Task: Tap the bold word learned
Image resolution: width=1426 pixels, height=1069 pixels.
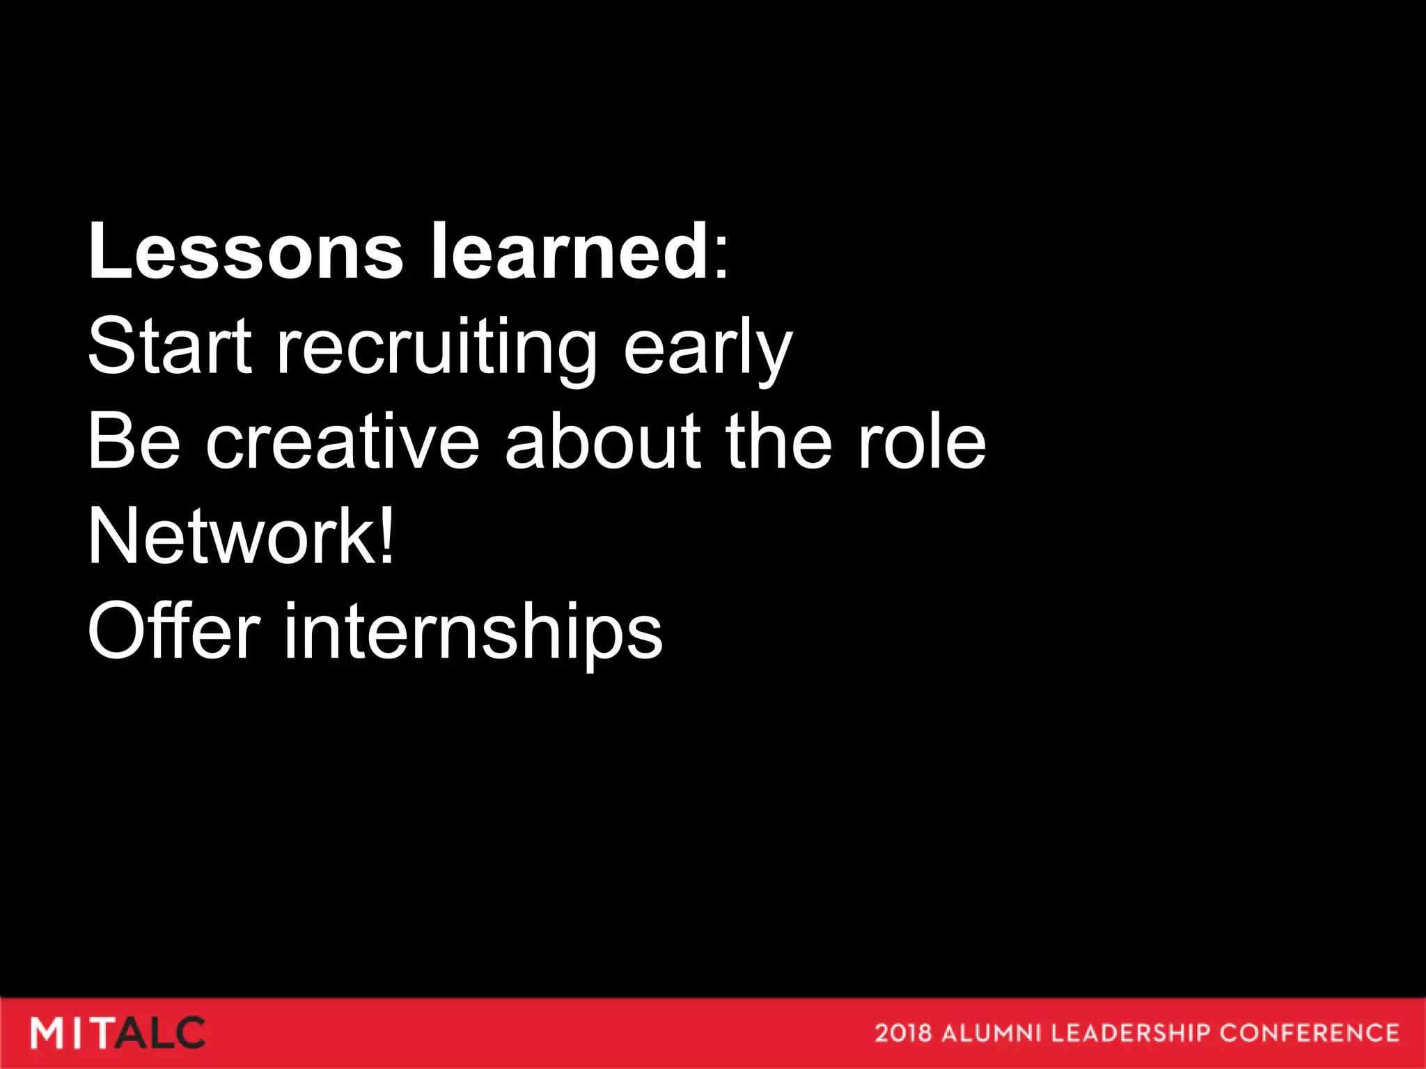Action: point(570,252)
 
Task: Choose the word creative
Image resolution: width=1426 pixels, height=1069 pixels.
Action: point(342,442)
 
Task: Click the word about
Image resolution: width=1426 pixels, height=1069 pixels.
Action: point(602,442)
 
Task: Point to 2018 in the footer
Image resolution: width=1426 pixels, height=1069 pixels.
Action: point(902,1033)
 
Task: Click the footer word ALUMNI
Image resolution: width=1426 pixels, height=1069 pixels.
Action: point(993,1033)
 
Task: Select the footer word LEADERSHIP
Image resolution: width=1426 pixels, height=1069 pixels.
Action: point(1131,1033)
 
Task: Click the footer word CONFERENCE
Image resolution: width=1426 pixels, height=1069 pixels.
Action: point(1309,1033)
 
